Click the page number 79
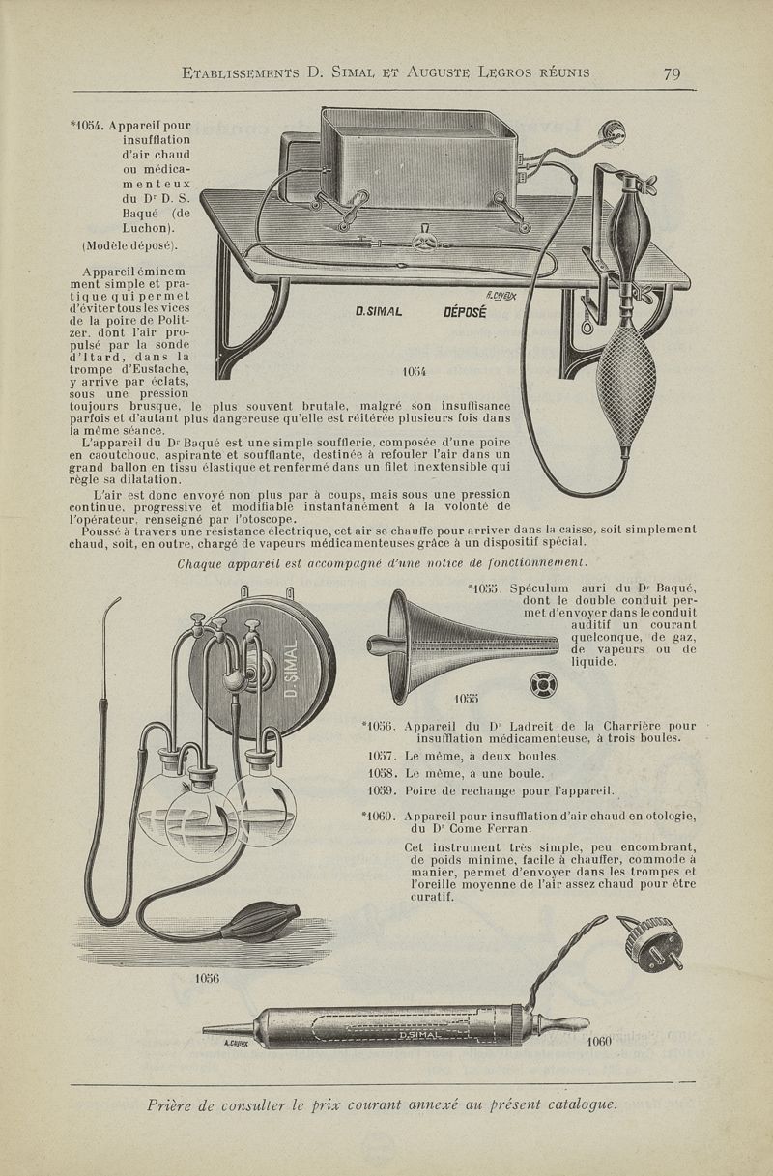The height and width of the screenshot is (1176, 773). click(673, 73)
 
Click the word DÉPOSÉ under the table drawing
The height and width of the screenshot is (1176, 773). click(464, 312)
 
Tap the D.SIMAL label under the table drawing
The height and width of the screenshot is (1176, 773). click(378, 312)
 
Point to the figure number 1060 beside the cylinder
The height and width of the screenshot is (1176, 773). click(600, 1042)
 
